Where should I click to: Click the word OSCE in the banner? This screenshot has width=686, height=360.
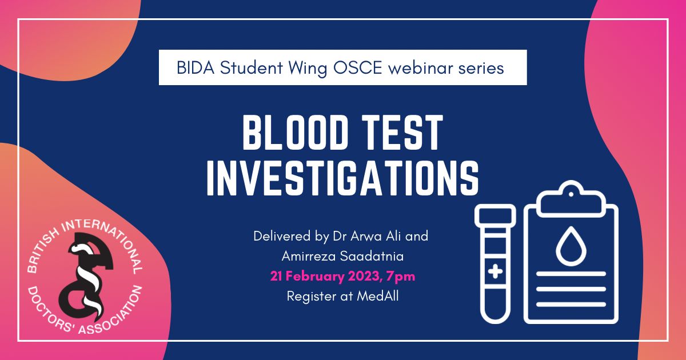[x=357, y=67]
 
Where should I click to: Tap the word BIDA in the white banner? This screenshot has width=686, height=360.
[x=196, y=67]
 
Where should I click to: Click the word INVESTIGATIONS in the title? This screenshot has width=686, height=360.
[x=342, y=177]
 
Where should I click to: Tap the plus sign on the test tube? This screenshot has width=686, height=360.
[x=495, y=271]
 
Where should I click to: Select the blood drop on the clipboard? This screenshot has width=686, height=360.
[x=571, y=247]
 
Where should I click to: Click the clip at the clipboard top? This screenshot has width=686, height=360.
[x=571, y=199]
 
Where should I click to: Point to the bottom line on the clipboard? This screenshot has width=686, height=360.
[x=571, y=304]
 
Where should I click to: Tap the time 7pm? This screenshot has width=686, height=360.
[x=401, y=277]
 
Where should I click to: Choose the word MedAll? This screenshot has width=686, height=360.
[x=378, y=297]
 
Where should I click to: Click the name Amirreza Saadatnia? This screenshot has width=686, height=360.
[x=342, y=256]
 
